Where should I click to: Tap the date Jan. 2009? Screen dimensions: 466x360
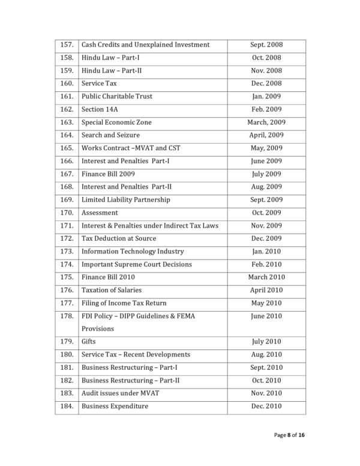pos(266,96)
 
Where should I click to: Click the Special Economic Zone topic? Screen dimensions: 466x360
pos(116,123)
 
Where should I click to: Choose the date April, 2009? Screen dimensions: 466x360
pos(266,135)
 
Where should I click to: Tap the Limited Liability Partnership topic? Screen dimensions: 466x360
pos(125,199)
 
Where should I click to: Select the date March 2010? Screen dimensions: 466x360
pos(266,277)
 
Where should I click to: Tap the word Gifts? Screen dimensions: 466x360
pos(89,342)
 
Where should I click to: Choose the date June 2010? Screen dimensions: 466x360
pos(266,316)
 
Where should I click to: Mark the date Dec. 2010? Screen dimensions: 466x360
pos(266,406)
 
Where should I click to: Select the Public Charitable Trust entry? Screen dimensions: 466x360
pos(116,96)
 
